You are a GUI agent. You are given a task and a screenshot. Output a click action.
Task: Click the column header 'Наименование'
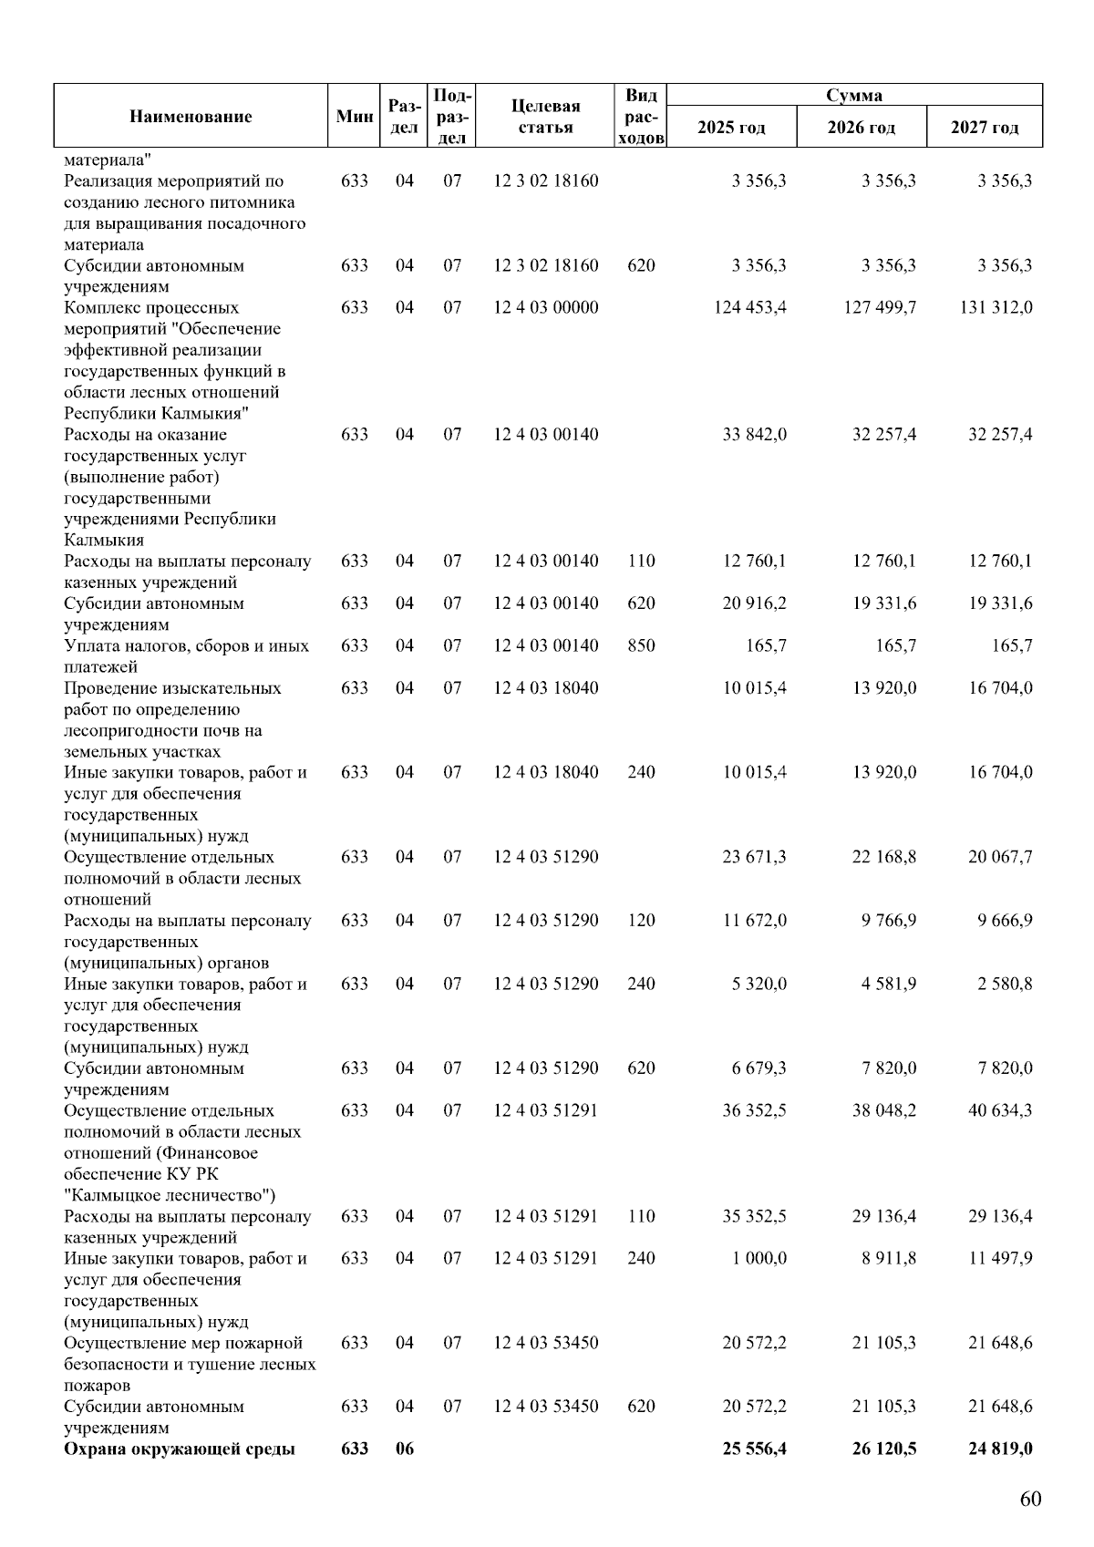click(191, 116)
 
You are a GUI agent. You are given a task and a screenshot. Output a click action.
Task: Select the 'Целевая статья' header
click(545, 116)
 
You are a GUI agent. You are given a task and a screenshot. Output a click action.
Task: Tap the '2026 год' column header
click(861, 127)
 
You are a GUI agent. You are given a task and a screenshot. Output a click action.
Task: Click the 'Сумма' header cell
click(854, 95)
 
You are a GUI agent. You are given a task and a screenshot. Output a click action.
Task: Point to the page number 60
click(1030, 1500)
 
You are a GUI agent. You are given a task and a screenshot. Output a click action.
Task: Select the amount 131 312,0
click(996, 308)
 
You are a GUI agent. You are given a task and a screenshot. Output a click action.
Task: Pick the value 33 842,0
click(754, 435)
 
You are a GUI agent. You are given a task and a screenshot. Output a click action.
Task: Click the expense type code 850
click(641, 645)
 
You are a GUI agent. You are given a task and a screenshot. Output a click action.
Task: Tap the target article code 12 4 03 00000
click(546, 308)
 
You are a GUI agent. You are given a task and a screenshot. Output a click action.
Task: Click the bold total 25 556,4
click(754, 1449)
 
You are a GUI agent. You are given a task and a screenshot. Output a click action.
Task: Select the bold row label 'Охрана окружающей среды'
click(180, 1449)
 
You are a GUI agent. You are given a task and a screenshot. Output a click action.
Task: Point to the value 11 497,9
click(1000, 1258)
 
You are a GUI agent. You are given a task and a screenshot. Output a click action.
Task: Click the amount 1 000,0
click(759, 1258)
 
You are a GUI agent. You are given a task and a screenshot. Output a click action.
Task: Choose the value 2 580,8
click(1005, 984)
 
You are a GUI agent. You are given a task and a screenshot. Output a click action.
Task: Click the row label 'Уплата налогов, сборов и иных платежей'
click(186, 656)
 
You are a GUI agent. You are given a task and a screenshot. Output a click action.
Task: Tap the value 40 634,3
click(1000, 1110)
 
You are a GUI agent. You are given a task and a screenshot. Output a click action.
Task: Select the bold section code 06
click(404, 1449)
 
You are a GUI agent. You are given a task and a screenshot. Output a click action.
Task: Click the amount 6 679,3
click(759, 1068)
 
